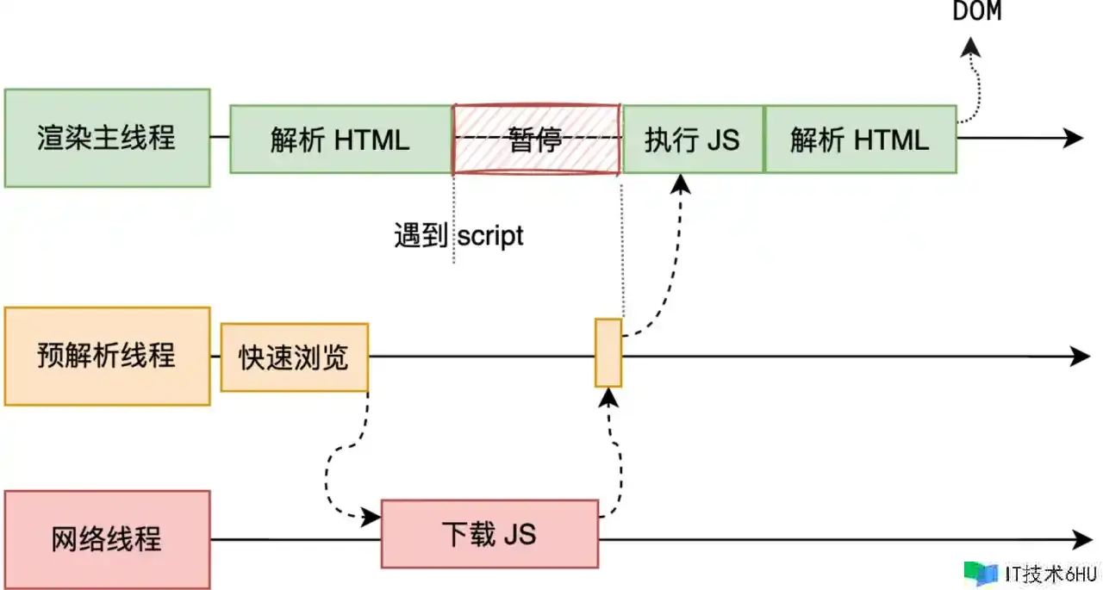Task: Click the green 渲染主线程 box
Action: pyautogui.click(x=107, y=138)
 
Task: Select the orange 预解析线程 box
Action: pyautogui.click(x=107, y=356)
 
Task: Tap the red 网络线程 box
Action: pyautogui.click(x=107, y=539)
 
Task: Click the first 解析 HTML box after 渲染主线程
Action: pyautogui.click(x=340, y=139)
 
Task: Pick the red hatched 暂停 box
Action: pyautogui.click(x=535, y=139)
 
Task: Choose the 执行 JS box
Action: pyautogui.click(x=693, y=139)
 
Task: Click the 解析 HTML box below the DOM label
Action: pyautogui.click(x=860, y=139)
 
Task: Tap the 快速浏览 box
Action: pyautogui.click(x=295, y=357)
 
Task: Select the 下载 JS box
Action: pyautogui.click(x=489, y=533)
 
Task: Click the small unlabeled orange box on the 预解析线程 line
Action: pyautogui.click(x=608, y=352)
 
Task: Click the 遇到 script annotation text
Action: pyautogui.click(x=458, y=235)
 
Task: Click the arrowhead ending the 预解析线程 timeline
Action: pyautogui.click(x=1081, y=356)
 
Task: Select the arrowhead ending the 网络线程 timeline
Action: pyautogui.click(x=1083, y=540)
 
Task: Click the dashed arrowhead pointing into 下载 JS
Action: pyautogui.click(x=372, y=517)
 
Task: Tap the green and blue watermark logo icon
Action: pyautogui.click(x=981, y=573)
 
